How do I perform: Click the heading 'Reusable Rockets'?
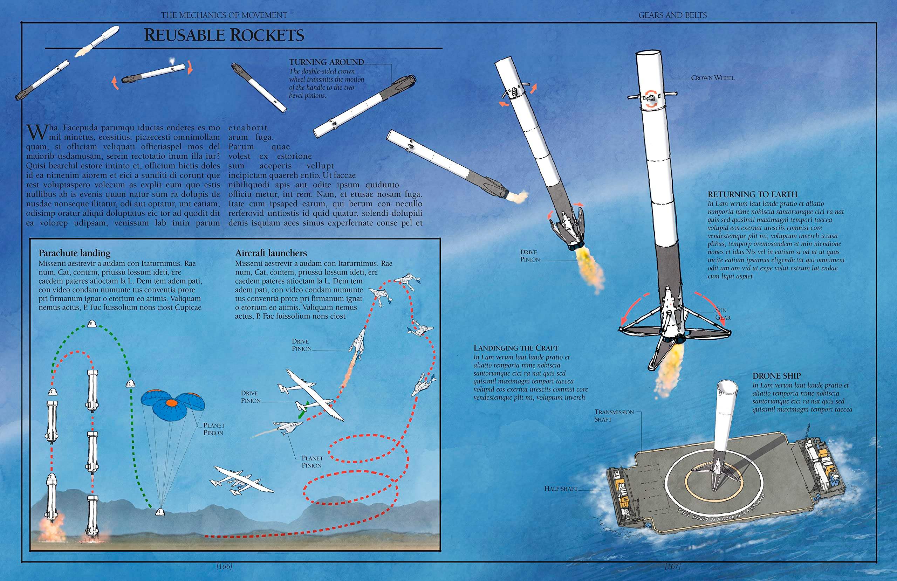(224, 35)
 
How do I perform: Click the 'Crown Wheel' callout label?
(713, 78)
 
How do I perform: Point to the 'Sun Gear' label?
(723, 314)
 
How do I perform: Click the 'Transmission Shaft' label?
(614, 416)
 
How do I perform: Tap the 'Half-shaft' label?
(561, 488)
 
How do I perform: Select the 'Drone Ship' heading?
(777, 376)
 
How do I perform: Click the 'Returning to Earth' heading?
(753, 194)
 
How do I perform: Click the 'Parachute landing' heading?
(75, 253)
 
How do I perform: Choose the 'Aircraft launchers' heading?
(271, 253)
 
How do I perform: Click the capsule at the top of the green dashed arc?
(91, 324)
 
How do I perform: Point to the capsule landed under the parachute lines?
(160, 511)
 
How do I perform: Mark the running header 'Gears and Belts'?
(673, 15)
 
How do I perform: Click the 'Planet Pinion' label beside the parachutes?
(214, 429)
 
